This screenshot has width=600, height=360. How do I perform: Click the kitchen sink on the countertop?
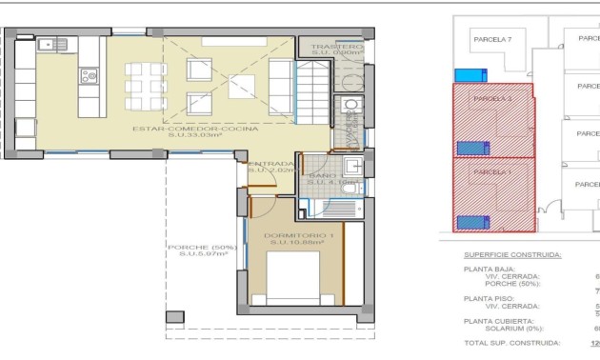coord(48,44)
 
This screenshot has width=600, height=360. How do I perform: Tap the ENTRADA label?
coord(271,164)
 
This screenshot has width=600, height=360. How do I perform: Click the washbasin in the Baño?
coord(351,168)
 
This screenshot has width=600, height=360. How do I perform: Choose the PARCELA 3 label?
coord(492,98)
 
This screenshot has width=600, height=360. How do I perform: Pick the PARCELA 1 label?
coord(492,171)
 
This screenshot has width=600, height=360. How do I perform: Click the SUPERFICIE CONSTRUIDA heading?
coord(512,255)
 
